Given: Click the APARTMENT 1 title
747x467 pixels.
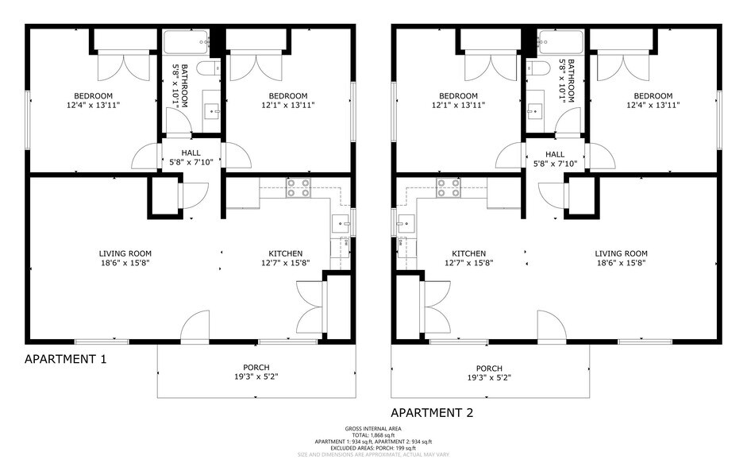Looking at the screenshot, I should click(x=66, y=359).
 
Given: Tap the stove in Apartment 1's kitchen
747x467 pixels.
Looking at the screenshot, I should click(x=298, y=188).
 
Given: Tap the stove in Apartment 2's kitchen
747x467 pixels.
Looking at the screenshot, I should click(x=448, y=188).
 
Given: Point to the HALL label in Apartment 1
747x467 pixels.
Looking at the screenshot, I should click(x=191, y=153).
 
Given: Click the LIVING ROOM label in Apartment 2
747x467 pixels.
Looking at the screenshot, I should click(x=621, y=253).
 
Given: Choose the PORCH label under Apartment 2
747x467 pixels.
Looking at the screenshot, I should click(x=489, y=368).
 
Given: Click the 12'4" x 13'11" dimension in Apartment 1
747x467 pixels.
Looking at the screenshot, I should click(x=92, y=105).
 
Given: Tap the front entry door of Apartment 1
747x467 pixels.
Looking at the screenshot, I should click(x=195, y=326).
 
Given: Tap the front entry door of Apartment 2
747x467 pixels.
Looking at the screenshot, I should click(x=551, y=326).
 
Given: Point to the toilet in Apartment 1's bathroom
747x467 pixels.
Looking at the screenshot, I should click(x=209, y=68).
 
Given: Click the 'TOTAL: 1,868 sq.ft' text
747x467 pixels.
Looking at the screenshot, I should click(x=373, y=435).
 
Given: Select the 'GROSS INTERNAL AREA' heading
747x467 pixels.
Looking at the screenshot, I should click(x=373, y=429).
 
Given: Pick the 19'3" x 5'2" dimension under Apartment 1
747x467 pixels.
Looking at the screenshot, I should click(x=256, y=377).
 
